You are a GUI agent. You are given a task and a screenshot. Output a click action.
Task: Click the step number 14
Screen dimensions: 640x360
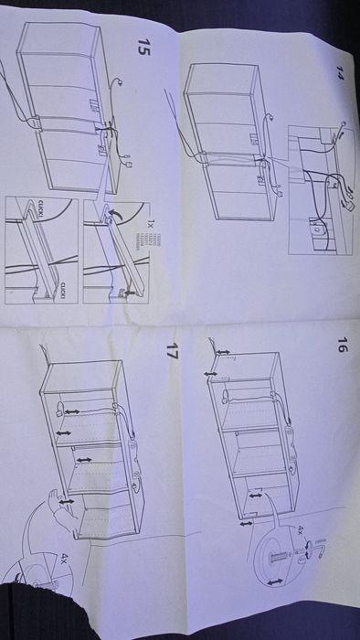[340, 70]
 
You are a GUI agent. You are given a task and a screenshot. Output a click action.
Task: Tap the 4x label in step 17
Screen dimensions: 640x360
[63, 555]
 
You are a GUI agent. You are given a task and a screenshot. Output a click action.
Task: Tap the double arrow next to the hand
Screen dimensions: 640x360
[66, 500]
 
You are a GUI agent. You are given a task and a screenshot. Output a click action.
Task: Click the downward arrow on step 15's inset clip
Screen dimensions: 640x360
[127, 291]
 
